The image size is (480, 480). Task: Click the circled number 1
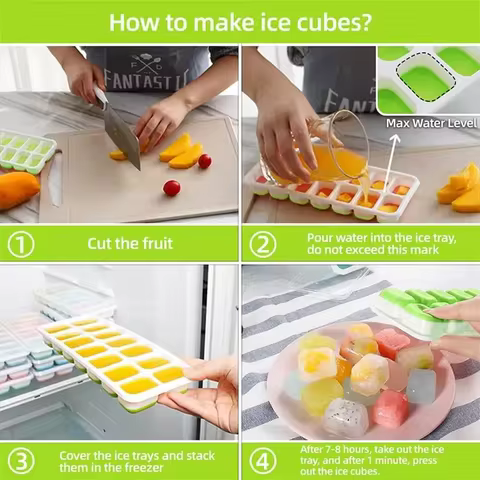click(21, 243)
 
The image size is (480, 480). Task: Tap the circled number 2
click(263, 243)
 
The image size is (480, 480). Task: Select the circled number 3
click(21, 460)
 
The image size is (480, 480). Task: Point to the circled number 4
click(263, 460)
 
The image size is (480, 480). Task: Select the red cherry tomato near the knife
click(171, 187)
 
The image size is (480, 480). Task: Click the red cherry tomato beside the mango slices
click(205, 161)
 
